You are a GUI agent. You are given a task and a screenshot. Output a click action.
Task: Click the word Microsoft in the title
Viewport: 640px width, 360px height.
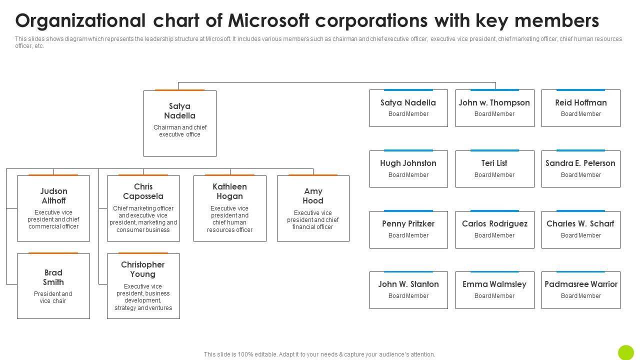[268, 20]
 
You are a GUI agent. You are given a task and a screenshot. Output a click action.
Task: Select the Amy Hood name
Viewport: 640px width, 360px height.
[313, 195]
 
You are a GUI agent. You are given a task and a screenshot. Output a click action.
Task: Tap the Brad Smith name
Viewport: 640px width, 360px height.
[53, 277]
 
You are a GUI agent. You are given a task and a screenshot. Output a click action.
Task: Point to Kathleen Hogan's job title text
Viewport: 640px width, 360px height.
[229, 219]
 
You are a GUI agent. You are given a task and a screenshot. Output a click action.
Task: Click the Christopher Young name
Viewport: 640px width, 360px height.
[143, 269]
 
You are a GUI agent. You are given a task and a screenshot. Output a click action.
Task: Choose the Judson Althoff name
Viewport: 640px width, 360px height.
[53, 195]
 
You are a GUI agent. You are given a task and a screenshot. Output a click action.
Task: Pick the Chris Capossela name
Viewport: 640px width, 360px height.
[143, 191]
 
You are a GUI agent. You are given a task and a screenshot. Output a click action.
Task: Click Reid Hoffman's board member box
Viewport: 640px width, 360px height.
[581, 108]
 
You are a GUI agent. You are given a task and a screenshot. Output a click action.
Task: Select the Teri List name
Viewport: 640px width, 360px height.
[494, 163]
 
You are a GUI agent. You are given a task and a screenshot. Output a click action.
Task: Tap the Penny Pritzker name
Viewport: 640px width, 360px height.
[408, 223]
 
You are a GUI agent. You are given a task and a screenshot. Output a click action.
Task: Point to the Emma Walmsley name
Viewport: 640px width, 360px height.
[494, 284]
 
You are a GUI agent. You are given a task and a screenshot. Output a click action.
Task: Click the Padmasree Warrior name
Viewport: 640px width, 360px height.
[581, 284]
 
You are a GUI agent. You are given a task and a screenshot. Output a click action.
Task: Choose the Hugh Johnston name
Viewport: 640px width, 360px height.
[408, 163]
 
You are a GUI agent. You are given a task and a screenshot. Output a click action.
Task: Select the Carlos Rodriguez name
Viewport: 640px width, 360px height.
[494, 223]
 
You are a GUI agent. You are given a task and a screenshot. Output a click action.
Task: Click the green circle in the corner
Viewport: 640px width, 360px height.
[625, 352]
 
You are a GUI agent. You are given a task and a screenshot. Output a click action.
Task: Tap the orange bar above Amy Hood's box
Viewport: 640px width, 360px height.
[313, 175]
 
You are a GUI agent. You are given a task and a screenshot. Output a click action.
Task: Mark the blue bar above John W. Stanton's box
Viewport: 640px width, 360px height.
[408, 271]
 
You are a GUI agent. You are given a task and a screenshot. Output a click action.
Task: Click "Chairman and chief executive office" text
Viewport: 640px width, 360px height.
[180, 131]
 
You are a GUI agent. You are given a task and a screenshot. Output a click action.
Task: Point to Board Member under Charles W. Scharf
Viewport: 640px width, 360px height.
[581, 235]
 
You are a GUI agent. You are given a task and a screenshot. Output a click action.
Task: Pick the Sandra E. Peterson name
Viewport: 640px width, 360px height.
[580, 163]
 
